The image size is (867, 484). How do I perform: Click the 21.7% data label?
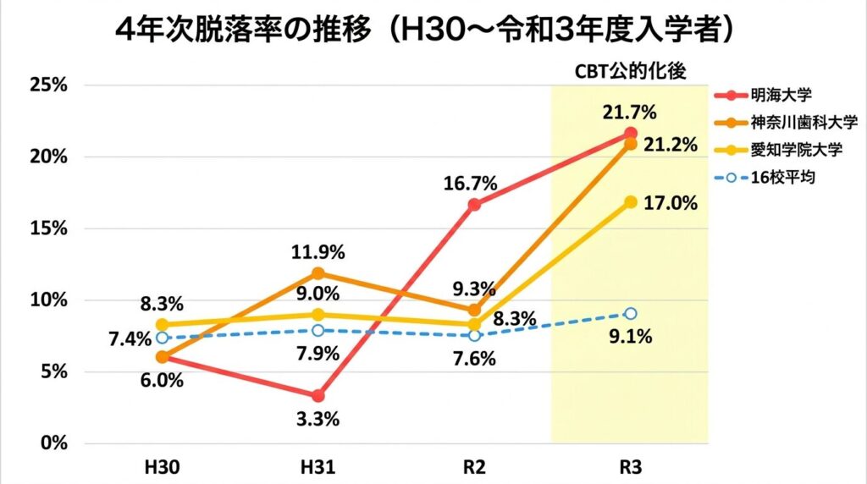tap(630, 112)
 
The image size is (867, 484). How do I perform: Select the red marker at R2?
tap(474, 205)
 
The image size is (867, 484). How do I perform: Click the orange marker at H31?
tap(318, 273)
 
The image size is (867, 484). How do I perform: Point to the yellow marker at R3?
tap(630, 201)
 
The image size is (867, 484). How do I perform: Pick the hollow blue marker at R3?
tap(630, 313)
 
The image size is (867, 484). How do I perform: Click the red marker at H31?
tap(318, 396)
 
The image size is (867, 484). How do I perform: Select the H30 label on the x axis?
tap(162, 467)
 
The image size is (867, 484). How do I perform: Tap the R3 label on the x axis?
tap(630, 467)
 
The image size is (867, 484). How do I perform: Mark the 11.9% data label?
tap(318, 251)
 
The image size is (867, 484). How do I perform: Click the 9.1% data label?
tap(630, 337)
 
